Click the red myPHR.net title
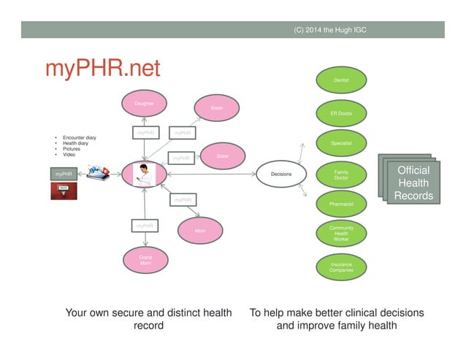102,69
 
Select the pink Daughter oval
144,104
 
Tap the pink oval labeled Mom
199,230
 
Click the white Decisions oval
281,175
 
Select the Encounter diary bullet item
79,137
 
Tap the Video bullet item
69,155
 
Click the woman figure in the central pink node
145,175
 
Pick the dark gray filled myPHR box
65,175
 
